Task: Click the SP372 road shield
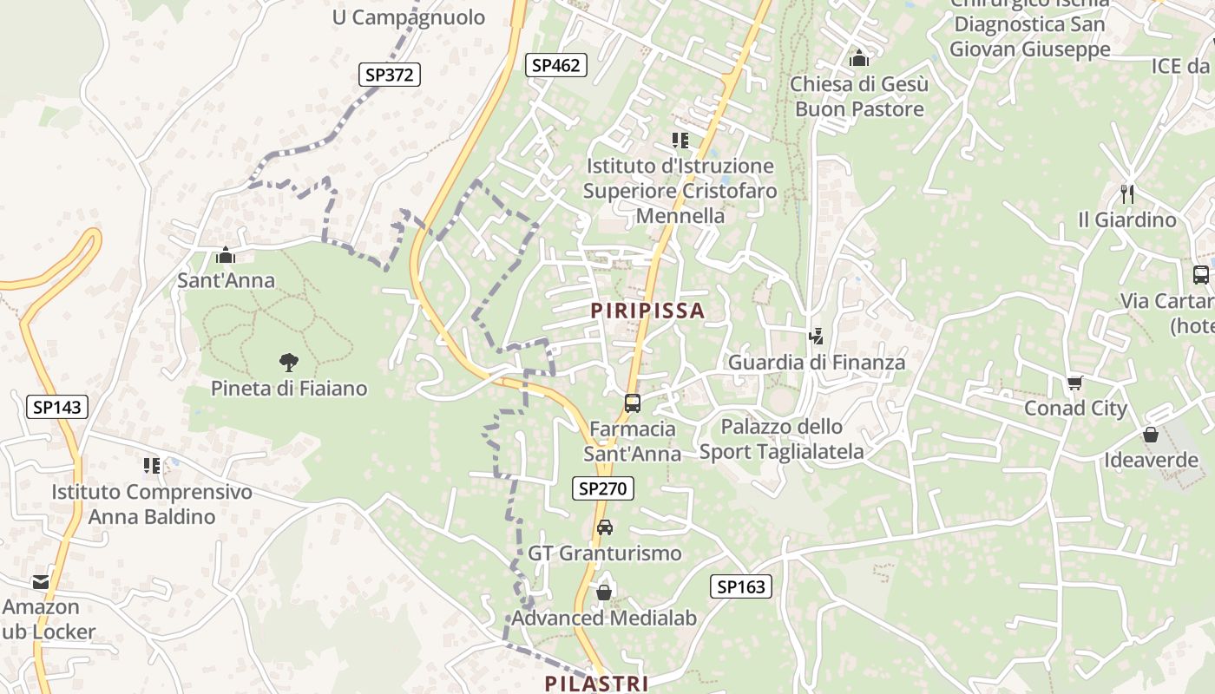[390, 75]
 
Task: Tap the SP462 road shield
[555, 65]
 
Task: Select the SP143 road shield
[56, 407]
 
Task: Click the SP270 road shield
[602, 488]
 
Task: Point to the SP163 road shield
[741, 587]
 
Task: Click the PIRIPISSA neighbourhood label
[647, 311]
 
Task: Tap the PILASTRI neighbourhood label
[596, 684]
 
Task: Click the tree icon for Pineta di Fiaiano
[288, 363]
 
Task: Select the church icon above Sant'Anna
[226, 255]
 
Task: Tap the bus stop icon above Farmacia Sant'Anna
[633, 403]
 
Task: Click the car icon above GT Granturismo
[605, 527]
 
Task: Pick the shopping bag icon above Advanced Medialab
[604, 593]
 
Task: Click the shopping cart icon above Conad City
[1075, 383]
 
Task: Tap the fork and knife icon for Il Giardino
[1127, 194]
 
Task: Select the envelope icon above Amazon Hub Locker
[41, 581]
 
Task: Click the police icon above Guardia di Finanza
[816, 337]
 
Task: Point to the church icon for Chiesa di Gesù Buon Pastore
[859, 58]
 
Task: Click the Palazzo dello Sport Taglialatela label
[782, 439]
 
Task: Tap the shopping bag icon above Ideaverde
[1151, 435]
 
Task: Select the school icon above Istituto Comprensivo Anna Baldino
[152, 466]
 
